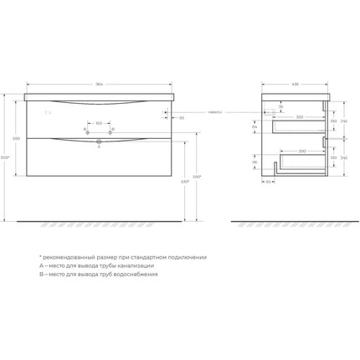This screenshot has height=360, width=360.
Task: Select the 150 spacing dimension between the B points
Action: pyautogui.click(x=99, y=121)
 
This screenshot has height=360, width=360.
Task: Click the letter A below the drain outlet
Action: pyautogui.click(x=99, y=147)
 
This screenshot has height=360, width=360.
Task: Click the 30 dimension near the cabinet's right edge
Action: pyautogui.click(x=182, y=117)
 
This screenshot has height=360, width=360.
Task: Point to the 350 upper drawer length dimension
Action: pyautogui.click(x=299, y=117)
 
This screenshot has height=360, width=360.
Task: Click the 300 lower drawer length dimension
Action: pyautogui.click(x=302, y=151)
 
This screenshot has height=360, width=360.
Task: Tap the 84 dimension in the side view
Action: pyautogui.click(x=255, y=126)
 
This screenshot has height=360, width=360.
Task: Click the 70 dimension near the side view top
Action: pyautogui.click(x=281, y=107)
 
